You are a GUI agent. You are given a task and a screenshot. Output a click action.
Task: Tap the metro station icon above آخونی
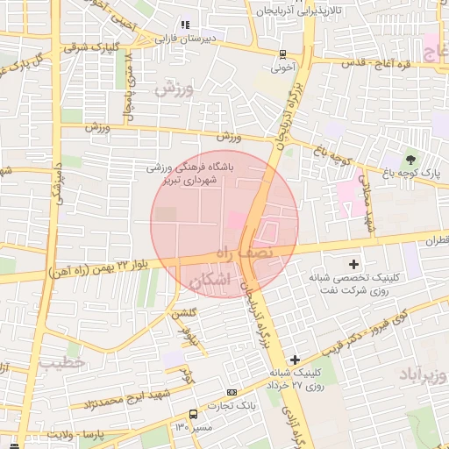pyautogui.click(x=282, y=53)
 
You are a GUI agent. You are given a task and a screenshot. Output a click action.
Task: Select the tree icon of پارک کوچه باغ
pyautogui.click(x=410, y=160)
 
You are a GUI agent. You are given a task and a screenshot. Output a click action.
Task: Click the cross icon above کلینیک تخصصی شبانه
pyautogui.click(x=353, y=263)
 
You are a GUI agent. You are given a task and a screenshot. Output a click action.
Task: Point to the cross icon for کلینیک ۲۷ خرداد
pyautogui.click(x=295, y=360)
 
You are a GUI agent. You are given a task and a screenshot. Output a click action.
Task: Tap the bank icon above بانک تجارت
pyautogui.click(x=232, y=392)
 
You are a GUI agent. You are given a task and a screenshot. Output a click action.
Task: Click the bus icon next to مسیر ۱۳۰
pyautogui.click(x=193, y=415)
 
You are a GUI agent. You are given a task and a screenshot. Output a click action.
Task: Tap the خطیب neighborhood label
pyautogui.click(x=61, y=361)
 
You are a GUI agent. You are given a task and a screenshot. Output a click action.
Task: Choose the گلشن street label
pyautogui.click(x=190, y=313)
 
